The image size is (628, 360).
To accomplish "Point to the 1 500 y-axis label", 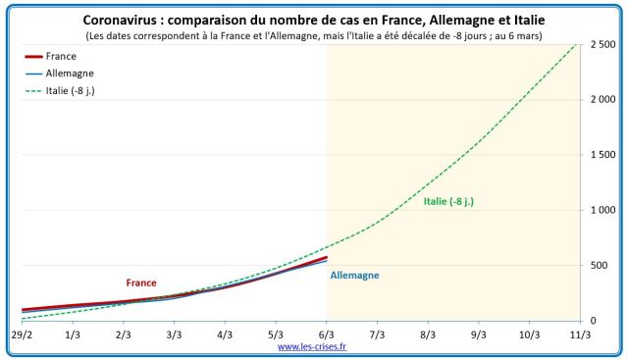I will (603, 155).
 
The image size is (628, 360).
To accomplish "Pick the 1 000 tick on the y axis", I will (603, 210).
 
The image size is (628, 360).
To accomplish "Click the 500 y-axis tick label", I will (608, 265).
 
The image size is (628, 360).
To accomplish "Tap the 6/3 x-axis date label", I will (326, 334).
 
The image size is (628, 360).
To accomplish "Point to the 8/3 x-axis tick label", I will (428, 334).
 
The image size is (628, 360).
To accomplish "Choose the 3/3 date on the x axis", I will (174, 334).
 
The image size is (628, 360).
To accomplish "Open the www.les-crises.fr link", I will (318, 346).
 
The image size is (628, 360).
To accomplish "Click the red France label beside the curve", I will (141, 283).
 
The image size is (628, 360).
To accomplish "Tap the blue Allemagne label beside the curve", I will (354, 276).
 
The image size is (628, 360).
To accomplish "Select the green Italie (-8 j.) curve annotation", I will (449, 201).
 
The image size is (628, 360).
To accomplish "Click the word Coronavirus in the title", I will (124, 20).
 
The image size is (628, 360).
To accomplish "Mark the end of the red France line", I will (326, 258).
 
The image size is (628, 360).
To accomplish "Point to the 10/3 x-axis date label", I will (529, 334).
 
